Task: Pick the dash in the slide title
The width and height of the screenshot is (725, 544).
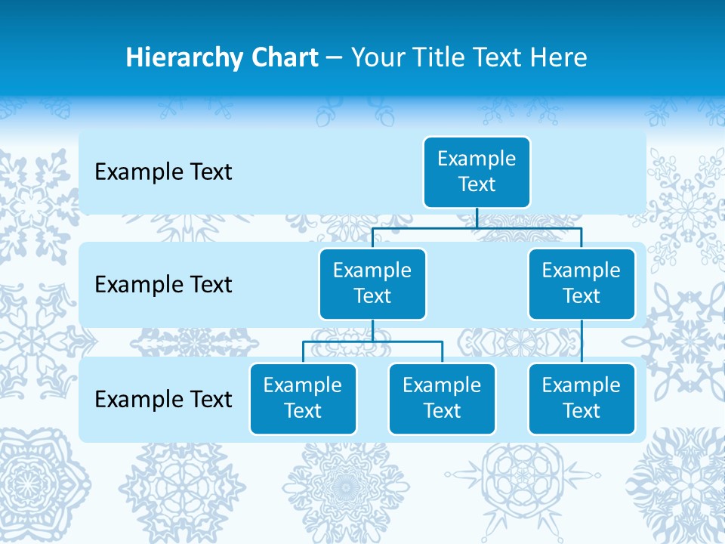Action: [x=335, y=58]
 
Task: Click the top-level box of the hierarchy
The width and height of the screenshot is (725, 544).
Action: [x=477, y=172]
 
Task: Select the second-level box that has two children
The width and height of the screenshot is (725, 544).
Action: [x=372, y=283]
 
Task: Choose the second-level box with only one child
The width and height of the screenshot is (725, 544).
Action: [x=582, y=283]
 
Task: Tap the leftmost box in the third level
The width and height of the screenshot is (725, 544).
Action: [x=303, y=398]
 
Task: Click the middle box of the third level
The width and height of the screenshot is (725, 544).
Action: [x=442, y=398]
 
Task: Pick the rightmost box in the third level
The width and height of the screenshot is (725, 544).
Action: [x=582, y=398]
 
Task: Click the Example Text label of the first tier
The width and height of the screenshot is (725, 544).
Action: [x=163, y=172]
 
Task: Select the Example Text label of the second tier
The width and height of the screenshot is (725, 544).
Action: [x=163, y=285]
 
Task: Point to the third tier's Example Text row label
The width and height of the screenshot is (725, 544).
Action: [x=163, y=399]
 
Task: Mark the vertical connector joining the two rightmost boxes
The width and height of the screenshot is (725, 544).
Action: [x=582, y=342]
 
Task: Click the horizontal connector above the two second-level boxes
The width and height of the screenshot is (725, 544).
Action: [x=477, y=227]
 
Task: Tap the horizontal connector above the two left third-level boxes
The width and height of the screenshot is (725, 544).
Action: [x=372, y=342]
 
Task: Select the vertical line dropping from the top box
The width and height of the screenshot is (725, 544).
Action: [x=477, y=218]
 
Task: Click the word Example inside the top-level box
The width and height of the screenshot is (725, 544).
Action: [x=477, y=159]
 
